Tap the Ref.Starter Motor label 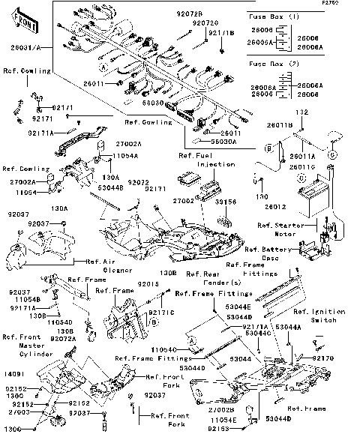point(280,229)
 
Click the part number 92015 point(148,285)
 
